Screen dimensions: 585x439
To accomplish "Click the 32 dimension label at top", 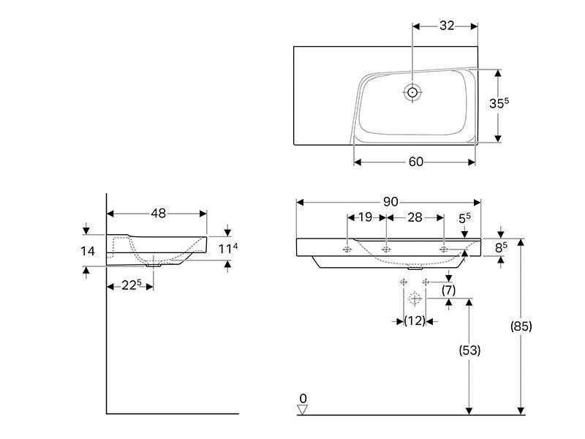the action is point(447,26).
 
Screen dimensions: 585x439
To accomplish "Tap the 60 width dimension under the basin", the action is point(416,162).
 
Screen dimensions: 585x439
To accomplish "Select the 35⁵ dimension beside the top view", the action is point(499,103).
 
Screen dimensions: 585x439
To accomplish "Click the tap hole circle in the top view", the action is point(412,92).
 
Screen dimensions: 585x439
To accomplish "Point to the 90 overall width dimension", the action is point(390,202).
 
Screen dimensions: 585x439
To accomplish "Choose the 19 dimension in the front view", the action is point(365,217).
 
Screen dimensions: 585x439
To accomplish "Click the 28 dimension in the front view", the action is point(415,217).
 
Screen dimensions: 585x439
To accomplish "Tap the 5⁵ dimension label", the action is point(464,218).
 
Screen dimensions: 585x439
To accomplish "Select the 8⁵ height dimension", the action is point(501,247).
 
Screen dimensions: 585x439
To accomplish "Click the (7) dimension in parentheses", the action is point(448,290).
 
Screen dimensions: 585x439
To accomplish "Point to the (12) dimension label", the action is point(415,320).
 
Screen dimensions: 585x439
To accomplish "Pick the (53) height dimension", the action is point(469,350).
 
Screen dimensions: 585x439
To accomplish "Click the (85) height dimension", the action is point(521,326).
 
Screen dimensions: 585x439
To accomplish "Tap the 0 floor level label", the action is point(303,398).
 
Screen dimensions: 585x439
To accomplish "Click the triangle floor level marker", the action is point(303,410).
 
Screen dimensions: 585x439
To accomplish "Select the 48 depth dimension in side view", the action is point(158,213).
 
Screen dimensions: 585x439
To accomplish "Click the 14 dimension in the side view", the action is point(88,251).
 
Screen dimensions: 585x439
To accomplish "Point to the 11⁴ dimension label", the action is point(228,248).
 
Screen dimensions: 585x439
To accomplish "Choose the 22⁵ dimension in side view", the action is point(132,285).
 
